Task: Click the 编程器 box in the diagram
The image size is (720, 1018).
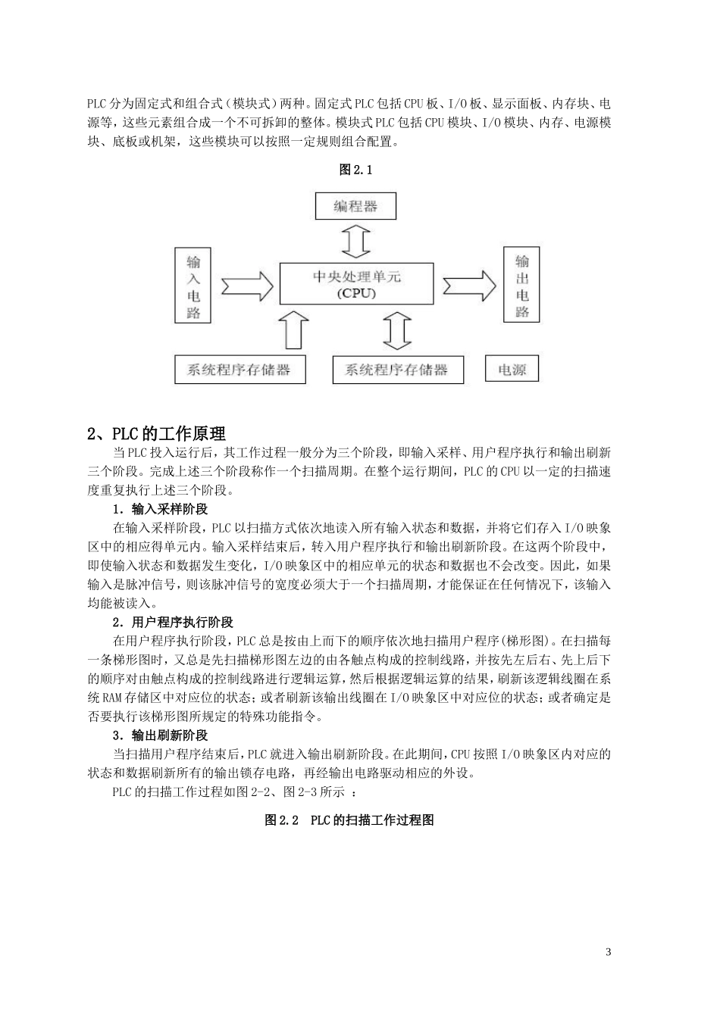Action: click(355, 206)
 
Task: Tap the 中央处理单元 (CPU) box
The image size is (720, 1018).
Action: click(356, 284)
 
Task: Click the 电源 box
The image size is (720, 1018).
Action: click(512, 370)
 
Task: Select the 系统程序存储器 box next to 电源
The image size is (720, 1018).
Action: click(398, 370)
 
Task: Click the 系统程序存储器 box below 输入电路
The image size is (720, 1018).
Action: click(239, 370)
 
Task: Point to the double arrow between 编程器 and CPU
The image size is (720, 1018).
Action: click(355, 242)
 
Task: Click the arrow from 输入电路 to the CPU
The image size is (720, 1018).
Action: click(246, 286)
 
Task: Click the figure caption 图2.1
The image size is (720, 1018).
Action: click(355, 170)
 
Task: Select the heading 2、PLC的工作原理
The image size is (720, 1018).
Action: click(156, 434)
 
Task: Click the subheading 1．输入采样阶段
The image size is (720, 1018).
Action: click(160, 509)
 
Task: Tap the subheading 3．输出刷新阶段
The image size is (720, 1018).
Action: click(160, 735)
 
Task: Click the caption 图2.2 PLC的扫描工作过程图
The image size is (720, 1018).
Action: click(349, 820)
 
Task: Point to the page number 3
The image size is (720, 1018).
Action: click(608, 952)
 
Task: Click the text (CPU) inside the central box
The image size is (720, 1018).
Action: click(355, 293)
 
